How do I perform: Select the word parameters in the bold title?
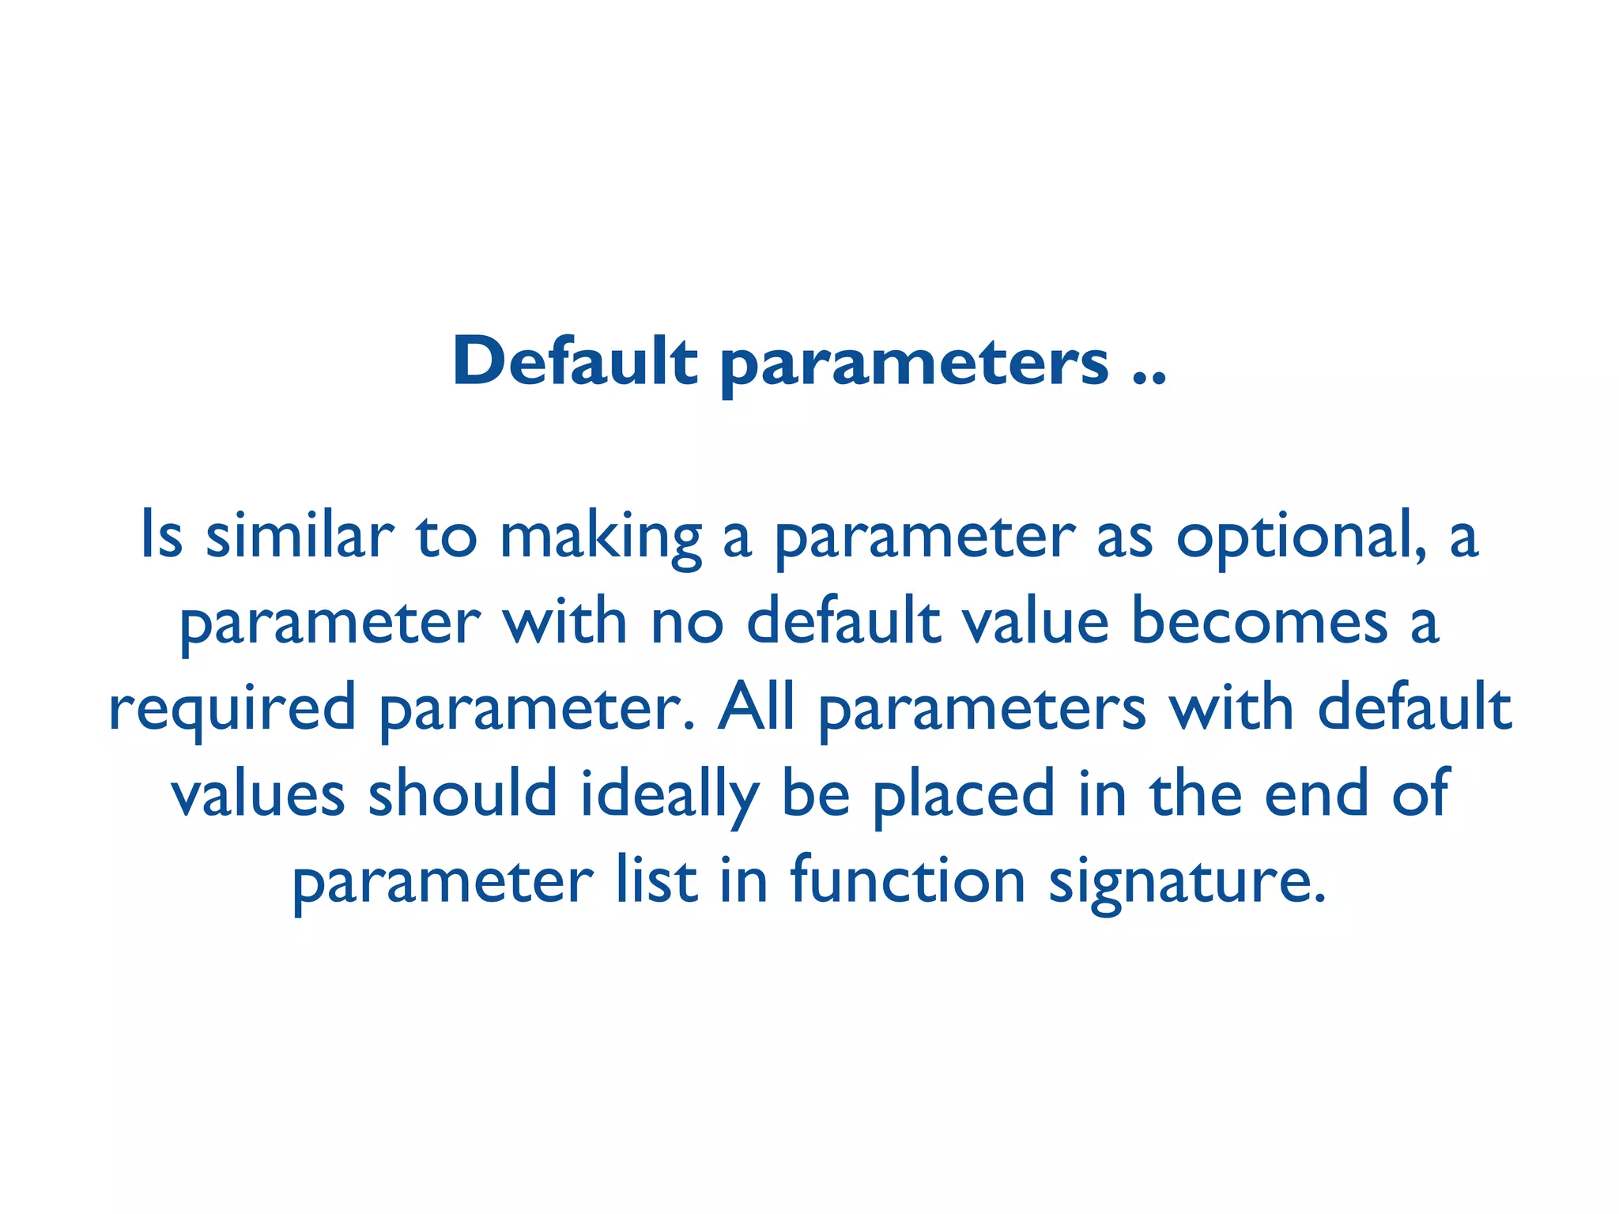click(915, 364)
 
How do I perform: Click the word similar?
click(300, 535)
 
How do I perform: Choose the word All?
click(756, 706)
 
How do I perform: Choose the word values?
click(259, 794)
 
